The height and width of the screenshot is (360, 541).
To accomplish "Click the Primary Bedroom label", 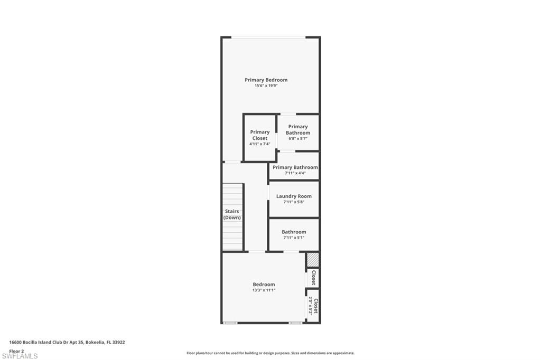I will click(266, 80).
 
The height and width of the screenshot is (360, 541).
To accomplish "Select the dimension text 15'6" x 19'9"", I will click(266, 86).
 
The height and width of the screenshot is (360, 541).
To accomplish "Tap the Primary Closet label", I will click(259, 135).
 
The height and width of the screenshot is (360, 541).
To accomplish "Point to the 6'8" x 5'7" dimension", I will click(298, 138).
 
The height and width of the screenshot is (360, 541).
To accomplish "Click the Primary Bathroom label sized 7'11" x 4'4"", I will click(295, 167).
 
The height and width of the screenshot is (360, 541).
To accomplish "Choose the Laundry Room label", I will click(294, 196).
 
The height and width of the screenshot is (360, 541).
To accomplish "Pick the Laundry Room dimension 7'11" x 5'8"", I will click(294, 202).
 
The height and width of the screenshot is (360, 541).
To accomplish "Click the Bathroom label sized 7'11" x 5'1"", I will click(293, 232).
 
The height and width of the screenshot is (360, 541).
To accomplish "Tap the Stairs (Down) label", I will click(231, 214).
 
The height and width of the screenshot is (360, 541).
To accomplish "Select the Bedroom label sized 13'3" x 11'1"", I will click(263, 284).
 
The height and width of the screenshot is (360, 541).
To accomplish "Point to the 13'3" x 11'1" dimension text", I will click(263, 290).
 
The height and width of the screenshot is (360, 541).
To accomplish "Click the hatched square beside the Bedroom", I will click(313, 260).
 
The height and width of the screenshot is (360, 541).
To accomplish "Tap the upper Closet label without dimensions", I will click(313, 278).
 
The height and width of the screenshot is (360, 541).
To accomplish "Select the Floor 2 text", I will click(16, 350).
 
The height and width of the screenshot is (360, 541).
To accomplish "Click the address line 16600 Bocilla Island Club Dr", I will click(67, 342).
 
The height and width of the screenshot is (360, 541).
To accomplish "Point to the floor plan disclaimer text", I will click(270, 353).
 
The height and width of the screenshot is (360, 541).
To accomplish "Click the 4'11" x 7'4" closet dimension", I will click(259, 144).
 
